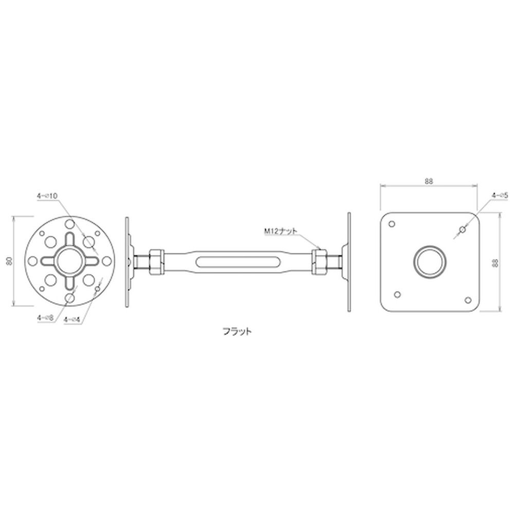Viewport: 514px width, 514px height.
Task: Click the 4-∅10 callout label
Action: [x=47, y=196]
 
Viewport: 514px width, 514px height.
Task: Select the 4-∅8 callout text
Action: [x=45, y=318]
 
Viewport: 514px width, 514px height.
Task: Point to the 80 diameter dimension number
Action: [x=10, y=261]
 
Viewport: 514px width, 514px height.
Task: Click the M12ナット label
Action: [x=281, y=231]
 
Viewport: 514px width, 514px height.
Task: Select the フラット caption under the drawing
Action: [x=237, y=332]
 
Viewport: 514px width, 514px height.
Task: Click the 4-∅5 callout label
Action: [x=500, y=196]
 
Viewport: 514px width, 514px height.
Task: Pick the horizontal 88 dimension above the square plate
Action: [x=429, y=181]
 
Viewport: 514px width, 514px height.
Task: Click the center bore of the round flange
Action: [x=69, y=261]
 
